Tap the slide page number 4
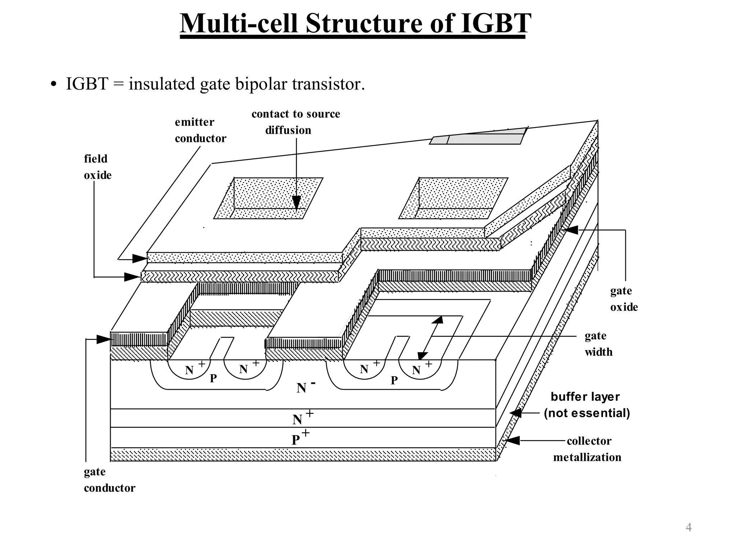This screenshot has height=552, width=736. click(689, 527)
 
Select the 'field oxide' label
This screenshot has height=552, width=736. click(97, 167)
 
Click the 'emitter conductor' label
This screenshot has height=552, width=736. click(200, 130)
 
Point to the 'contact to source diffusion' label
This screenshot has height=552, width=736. click(295, 122)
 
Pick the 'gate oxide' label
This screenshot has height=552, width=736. click(624, 299)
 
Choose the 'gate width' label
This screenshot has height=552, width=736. click(598, 344)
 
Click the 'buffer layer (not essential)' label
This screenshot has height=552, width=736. click(586, 405)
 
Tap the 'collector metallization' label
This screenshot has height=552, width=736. click(587, 449)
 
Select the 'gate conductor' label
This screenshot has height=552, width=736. click(109, 479)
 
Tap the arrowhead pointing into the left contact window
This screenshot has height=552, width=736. click(296, 203)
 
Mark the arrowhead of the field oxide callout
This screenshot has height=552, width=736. click(132, 277)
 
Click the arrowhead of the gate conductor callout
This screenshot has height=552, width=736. click(104, 339)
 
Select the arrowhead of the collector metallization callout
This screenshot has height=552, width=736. click(513, 440)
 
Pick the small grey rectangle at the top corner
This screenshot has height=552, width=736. click(478, 137)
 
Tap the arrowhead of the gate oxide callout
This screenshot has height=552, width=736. click(571, 230)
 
